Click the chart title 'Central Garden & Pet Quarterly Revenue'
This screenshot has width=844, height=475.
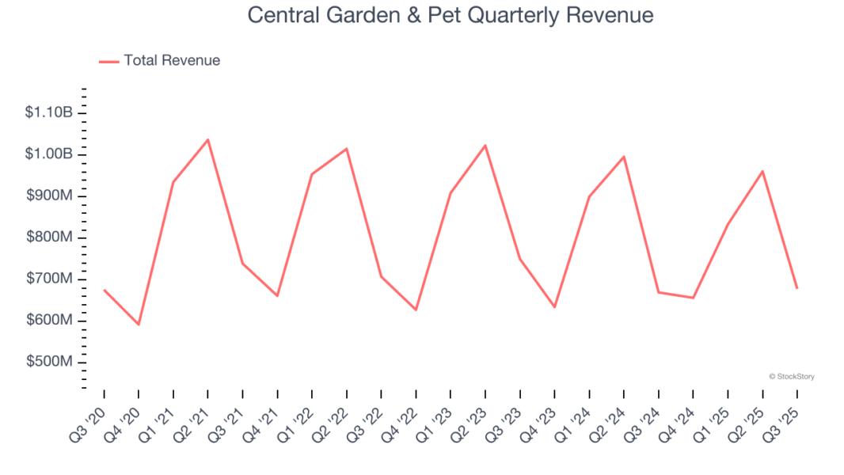click(x=451, y=15)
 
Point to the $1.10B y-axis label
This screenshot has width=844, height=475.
click(x=49, y=112)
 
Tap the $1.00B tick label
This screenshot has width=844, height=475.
click(x=49, y=154)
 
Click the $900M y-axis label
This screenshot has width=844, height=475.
click(x=49, y=196)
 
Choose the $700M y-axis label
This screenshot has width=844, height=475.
click(x=49, y=279)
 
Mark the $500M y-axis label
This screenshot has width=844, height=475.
click(x=49, y=362)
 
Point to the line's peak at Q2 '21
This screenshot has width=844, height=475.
click(x=207, y=139)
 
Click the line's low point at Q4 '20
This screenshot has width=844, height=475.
click(x=139, y=324)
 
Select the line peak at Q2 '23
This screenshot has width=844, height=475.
click(x=485, y=145)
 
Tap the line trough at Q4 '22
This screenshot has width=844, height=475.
click(x=416, y=310)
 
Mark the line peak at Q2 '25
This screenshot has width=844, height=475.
click(x=762, y=171)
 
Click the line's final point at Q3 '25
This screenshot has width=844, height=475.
click(x=796, y=287)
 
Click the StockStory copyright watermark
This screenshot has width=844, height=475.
click(x=792, y=377)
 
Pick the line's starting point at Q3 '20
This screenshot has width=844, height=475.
click(x=104, y=290)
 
